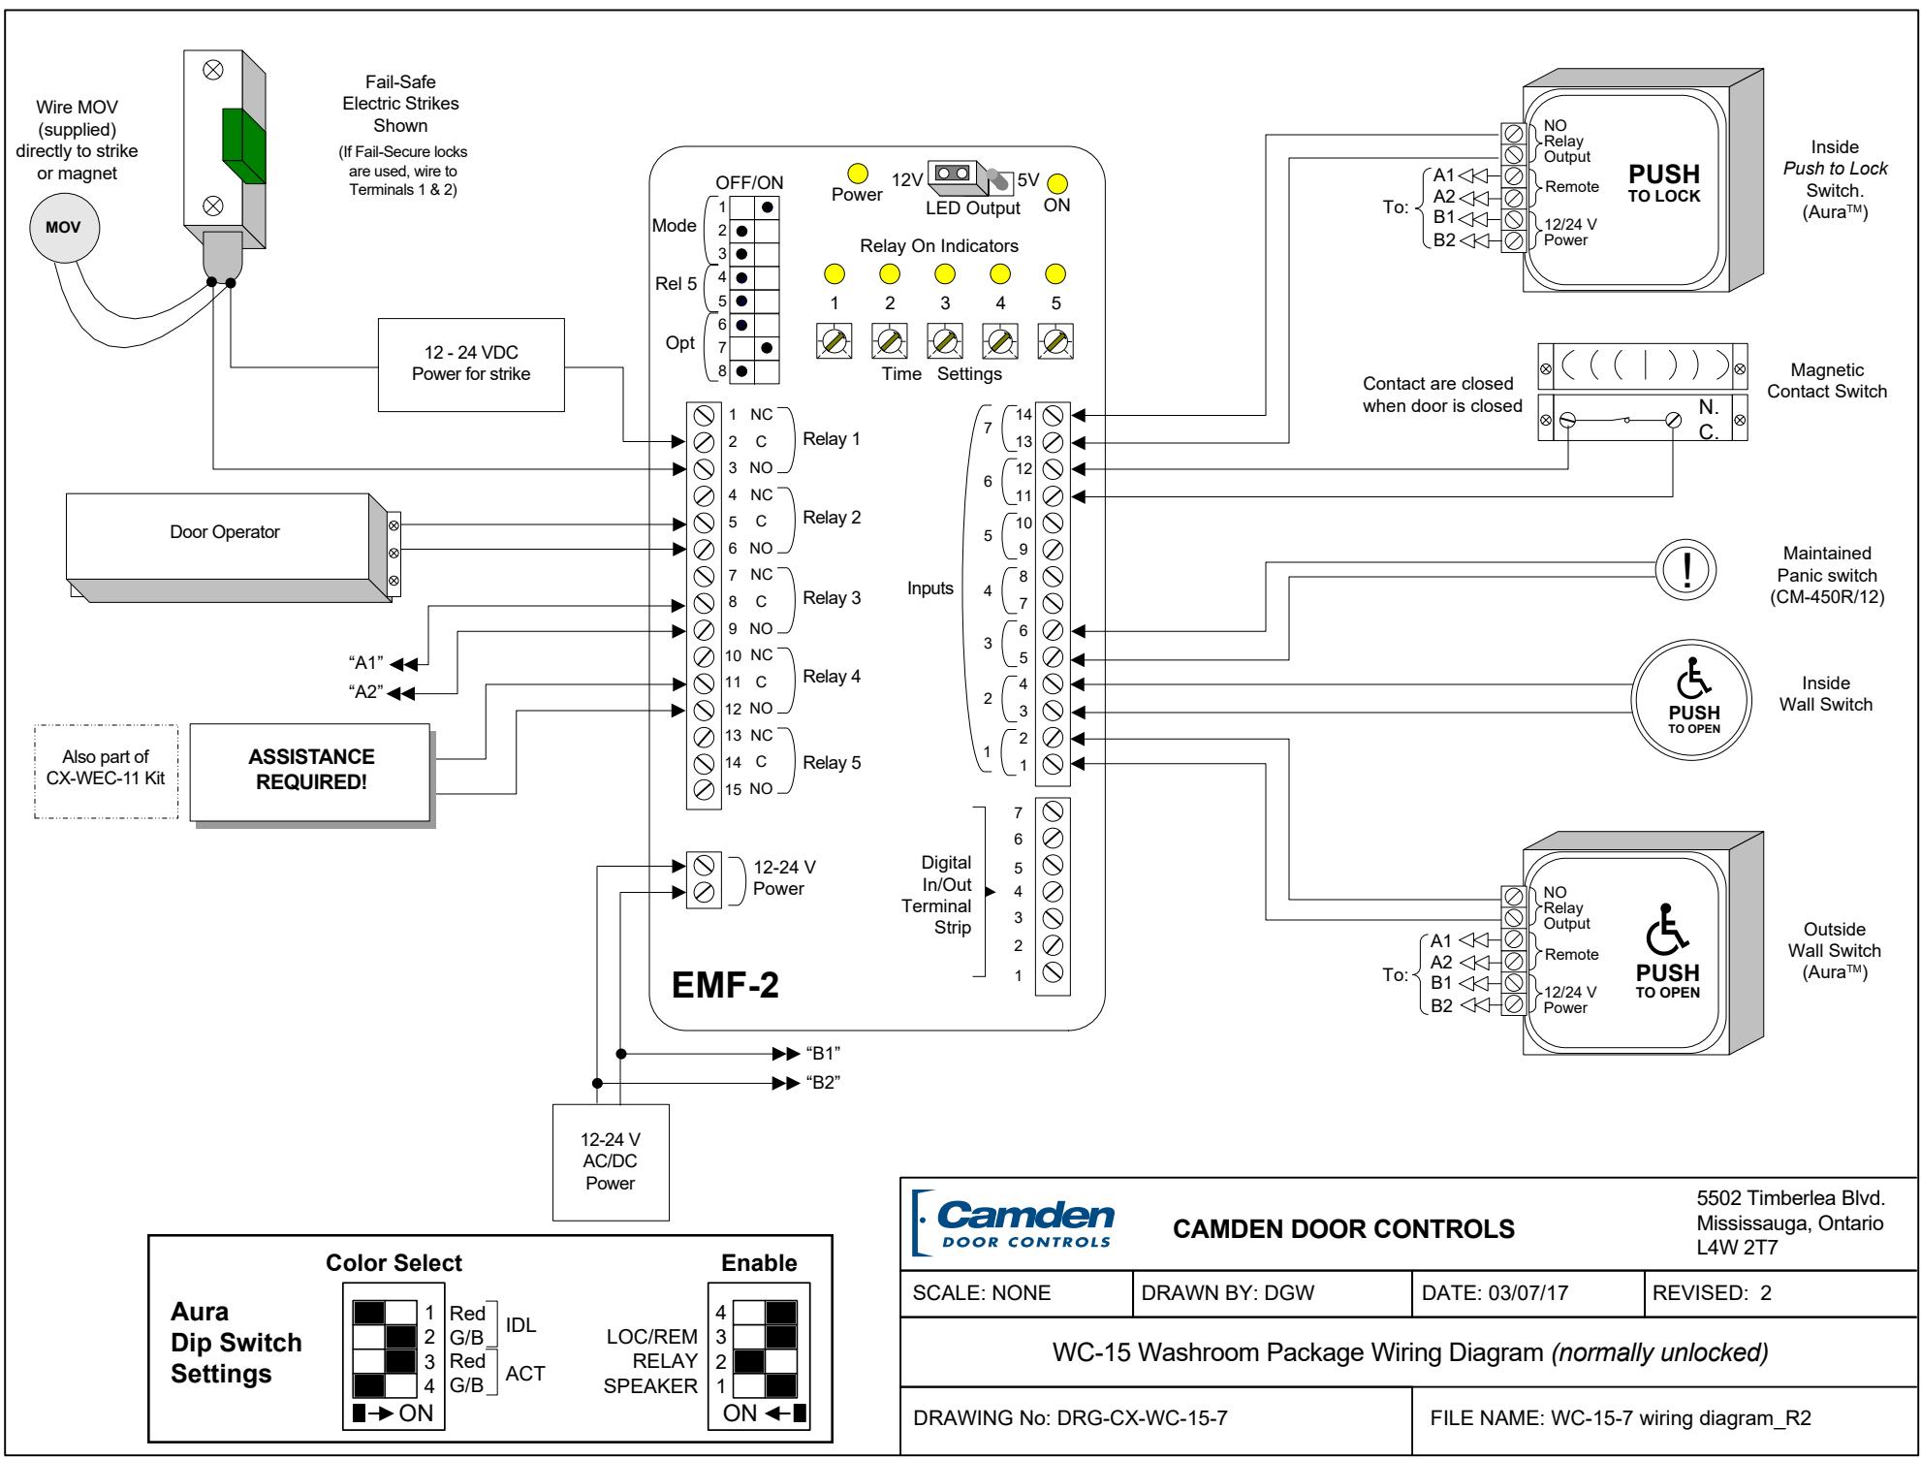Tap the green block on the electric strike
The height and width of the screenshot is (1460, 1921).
[x=243, y=144]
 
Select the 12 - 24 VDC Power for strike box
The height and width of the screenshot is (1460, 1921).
[x=471, y=365]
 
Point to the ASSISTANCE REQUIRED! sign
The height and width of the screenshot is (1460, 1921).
[x=311, y=771]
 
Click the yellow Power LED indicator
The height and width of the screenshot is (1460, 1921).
[x=857, y=174]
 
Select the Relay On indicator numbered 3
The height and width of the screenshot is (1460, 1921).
[x=945, y=274]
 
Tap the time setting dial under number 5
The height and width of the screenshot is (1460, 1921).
[x=1055, y=341]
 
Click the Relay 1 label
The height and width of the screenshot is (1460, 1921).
[x=832, y=439]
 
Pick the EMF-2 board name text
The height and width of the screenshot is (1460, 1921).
[x=725, y=985]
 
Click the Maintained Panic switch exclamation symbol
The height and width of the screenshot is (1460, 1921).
[x=1688, y=568]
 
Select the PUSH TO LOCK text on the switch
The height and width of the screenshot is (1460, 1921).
[x=1664, y=182]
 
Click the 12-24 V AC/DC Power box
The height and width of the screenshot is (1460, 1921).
[x=611, y=1161]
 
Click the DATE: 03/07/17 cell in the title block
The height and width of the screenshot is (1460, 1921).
[x=1527, y=1292]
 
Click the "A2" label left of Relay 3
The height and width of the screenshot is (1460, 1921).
[x=366, y=692]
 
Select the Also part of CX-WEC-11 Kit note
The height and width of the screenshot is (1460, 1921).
[x=107, y=768]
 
